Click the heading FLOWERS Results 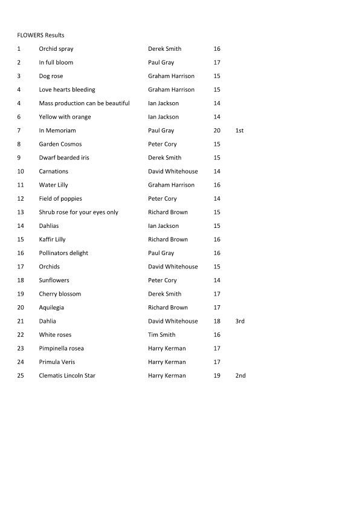[x=40, y=35]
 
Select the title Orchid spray [x=56, y=49]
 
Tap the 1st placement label [x=239, y=131]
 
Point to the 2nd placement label [x=240, y=376]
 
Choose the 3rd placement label [x=240, y=322]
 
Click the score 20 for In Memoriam [x=217, y=131]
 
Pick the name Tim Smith [x=161, y=335]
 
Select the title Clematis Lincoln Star [x=67, y=376]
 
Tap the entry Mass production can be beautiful [x=84, y=103]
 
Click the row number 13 [x=21, y=212]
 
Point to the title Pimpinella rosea [x=61, y=349]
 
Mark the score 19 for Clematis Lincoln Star [x=217, y=376]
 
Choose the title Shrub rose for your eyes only [x=79, y=212]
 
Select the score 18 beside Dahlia [x=217, y=322]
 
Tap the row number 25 [x=21, y=376]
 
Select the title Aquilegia [x=53, y=308]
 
